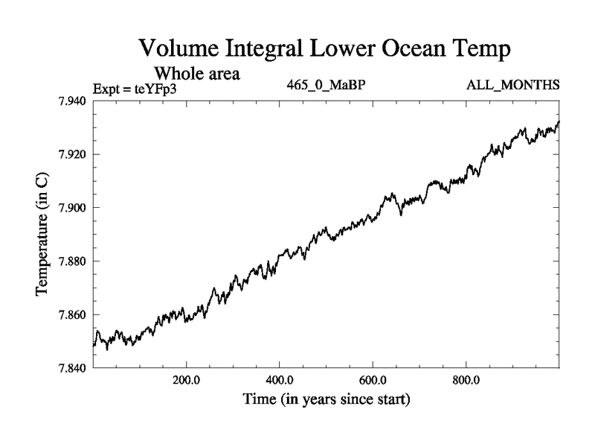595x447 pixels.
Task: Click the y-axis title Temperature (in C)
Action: coord(42,235)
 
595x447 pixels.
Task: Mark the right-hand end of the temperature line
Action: coord(559,121)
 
